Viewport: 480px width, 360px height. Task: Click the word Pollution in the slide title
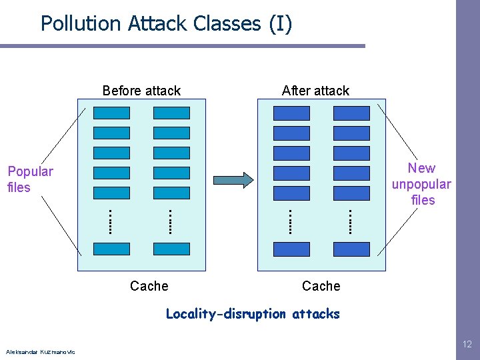(x=78, y=23)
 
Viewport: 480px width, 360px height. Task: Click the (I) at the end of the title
(x=280, y=23)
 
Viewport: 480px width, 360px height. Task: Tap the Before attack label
(x=141, y=91)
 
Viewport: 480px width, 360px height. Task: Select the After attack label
(x=315, y=91)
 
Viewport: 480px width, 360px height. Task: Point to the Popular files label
(x=30, y=179)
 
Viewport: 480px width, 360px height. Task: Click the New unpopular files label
(x=421, y=184)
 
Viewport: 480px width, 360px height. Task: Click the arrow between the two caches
(x=233, y=179)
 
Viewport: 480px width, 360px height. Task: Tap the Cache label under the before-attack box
(x=149, y=286)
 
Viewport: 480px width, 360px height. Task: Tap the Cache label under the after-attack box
(x=321, y=286)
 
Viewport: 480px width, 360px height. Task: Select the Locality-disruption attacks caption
(x=253, y=314)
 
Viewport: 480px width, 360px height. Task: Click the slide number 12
(x=467, y=344)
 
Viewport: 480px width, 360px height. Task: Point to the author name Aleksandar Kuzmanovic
(x=40, y=352)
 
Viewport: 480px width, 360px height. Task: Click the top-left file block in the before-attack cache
(x=111, y=113)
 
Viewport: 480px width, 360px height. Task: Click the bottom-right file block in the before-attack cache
(x=171, y=249)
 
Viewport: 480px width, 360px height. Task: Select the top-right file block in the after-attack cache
(x=351, y=113)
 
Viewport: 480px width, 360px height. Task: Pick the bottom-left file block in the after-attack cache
(x=291, y=249)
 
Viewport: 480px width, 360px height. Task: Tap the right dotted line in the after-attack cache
(x=350, y=221)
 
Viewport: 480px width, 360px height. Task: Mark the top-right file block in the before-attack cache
(x=171, y=113)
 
